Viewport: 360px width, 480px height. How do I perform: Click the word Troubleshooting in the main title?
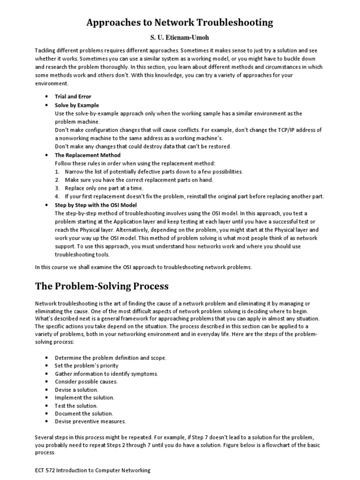(x=233, y=22)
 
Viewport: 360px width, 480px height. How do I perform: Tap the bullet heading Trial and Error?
(x=73, y=97)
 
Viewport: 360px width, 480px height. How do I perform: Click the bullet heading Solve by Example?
(x=77, y=105)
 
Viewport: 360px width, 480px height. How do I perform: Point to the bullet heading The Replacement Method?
(x=88, y=155)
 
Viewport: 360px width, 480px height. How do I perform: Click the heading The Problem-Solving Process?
(x=102, y=286)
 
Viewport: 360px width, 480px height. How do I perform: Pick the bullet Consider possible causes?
(x=86, y=382)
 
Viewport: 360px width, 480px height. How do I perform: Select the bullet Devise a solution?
(x=76, y=390)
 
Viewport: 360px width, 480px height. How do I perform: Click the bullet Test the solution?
(x=76, y=405)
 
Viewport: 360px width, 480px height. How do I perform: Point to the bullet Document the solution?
(x=84, y=413)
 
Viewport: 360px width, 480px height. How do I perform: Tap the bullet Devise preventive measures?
(x=90, y=421)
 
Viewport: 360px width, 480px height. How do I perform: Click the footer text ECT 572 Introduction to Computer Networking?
(x=93, y=470)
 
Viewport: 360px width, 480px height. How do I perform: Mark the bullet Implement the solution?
(x=84, y=397)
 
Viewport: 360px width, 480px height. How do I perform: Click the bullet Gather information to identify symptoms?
(x=106, y=374)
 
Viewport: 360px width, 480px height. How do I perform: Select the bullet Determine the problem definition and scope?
(x=110, y=358)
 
